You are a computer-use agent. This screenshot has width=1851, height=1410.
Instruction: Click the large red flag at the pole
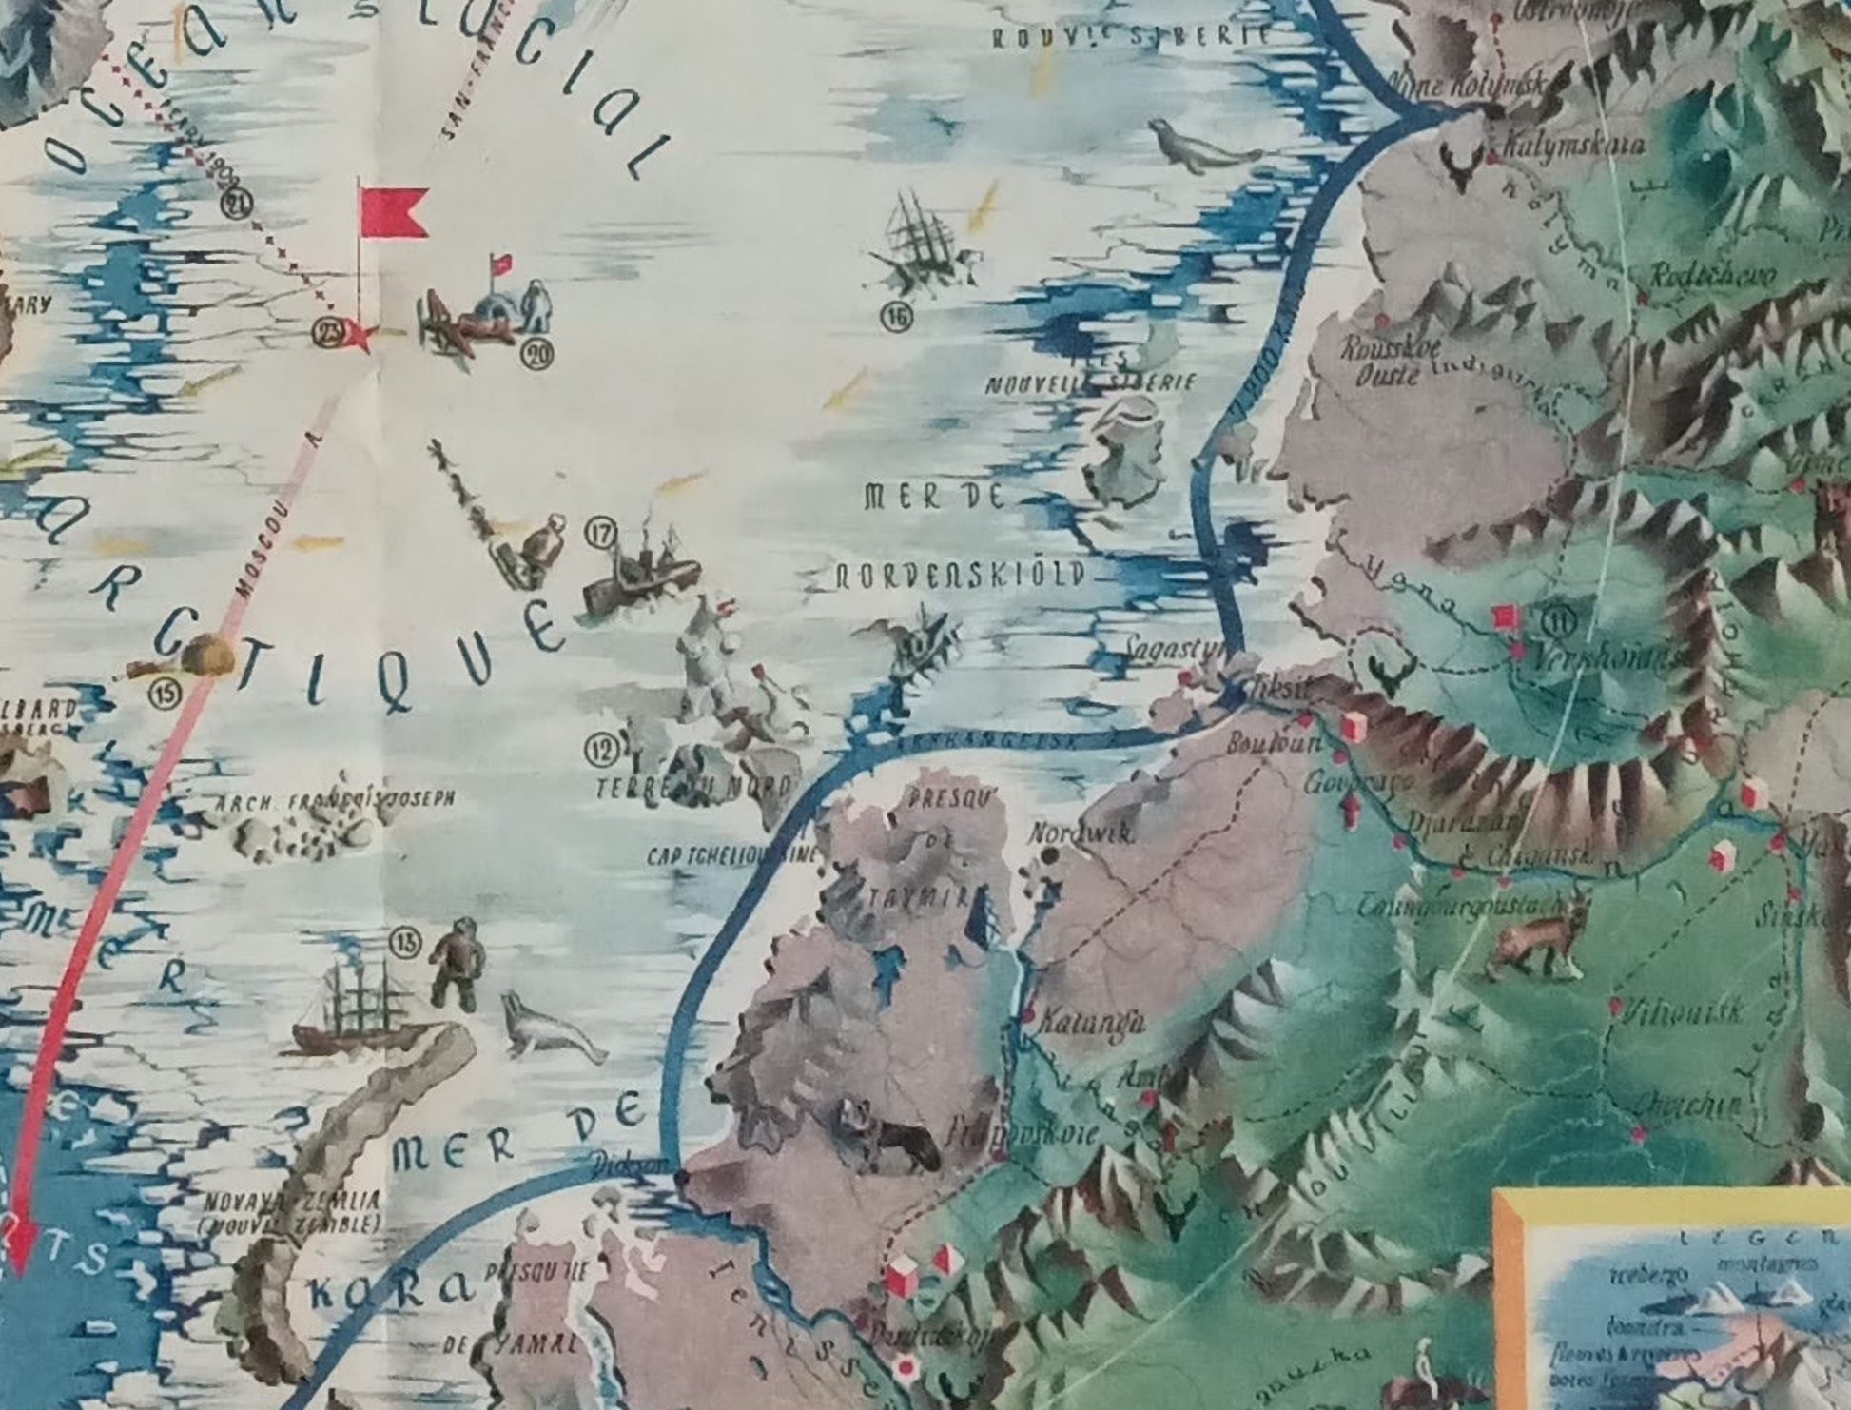[x=393, y=211]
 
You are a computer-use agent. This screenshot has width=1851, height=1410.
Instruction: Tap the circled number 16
[x=896, y=317]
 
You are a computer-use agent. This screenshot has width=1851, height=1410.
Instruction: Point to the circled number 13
[x=405, y=943]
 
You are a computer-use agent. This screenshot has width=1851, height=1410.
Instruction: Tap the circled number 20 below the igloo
[x=538, y=355]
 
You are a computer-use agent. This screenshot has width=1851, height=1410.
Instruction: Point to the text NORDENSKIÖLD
[x=960, y=576]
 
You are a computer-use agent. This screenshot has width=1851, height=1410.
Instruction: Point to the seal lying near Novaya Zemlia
[x=547, y=1028]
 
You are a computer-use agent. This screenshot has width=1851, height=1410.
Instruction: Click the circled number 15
[x=167, y=693]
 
